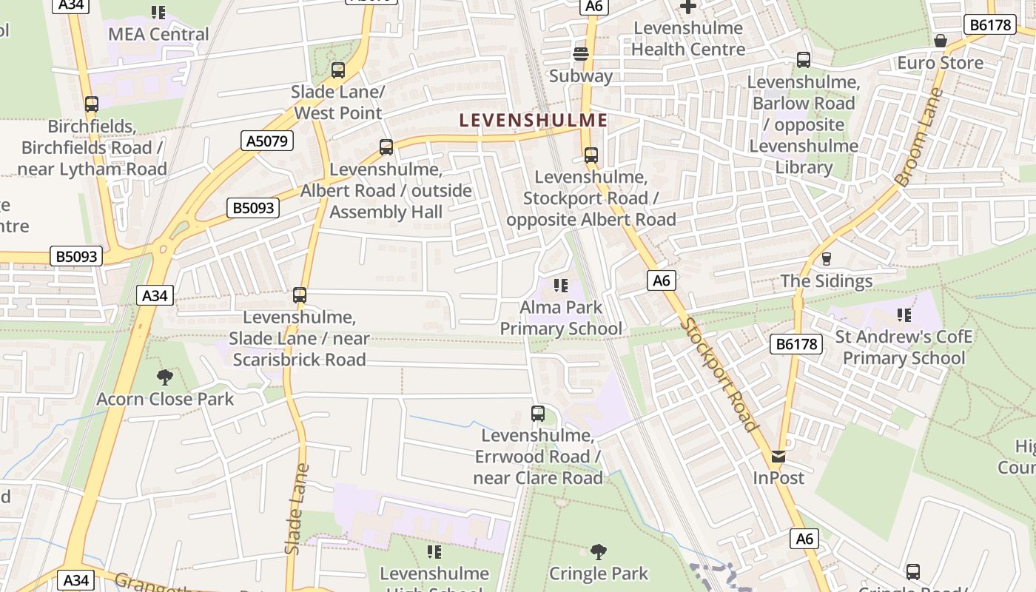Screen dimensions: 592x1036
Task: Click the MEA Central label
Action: (x=158, y=34)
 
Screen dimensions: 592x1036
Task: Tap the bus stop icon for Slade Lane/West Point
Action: (x=338, y=70)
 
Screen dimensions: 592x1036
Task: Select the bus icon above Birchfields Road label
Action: (x=92, y=104)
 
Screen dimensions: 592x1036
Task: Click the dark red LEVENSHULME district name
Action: (x=533, y=121)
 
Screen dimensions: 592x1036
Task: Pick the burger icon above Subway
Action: (x=581, y=54)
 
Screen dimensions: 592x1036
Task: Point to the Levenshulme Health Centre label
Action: (x=688, y=39)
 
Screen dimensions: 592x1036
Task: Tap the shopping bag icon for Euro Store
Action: (x=940, y=41)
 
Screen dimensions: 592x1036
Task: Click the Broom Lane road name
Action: (x=919, y=137)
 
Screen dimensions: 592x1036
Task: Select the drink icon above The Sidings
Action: (x=827, y=259)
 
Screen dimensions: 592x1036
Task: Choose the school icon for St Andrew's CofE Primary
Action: (x=904, y=315)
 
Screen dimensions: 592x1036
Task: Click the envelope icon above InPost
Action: (x=778, y=457)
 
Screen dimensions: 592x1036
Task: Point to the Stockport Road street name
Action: (x=719, y=374)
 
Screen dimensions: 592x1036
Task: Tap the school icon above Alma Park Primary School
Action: (x=561, y=285)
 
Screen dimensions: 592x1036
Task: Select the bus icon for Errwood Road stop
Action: (x=538, y=414)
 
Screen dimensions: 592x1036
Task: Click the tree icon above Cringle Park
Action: (x=598, y=551)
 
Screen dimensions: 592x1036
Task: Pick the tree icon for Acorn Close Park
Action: (x=165, y=377)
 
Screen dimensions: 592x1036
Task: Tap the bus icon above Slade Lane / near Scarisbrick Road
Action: (x=299, y=295)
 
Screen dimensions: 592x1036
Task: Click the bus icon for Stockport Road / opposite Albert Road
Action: (x=591, y=155)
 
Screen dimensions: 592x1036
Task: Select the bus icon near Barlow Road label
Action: (x=804, y=60)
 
